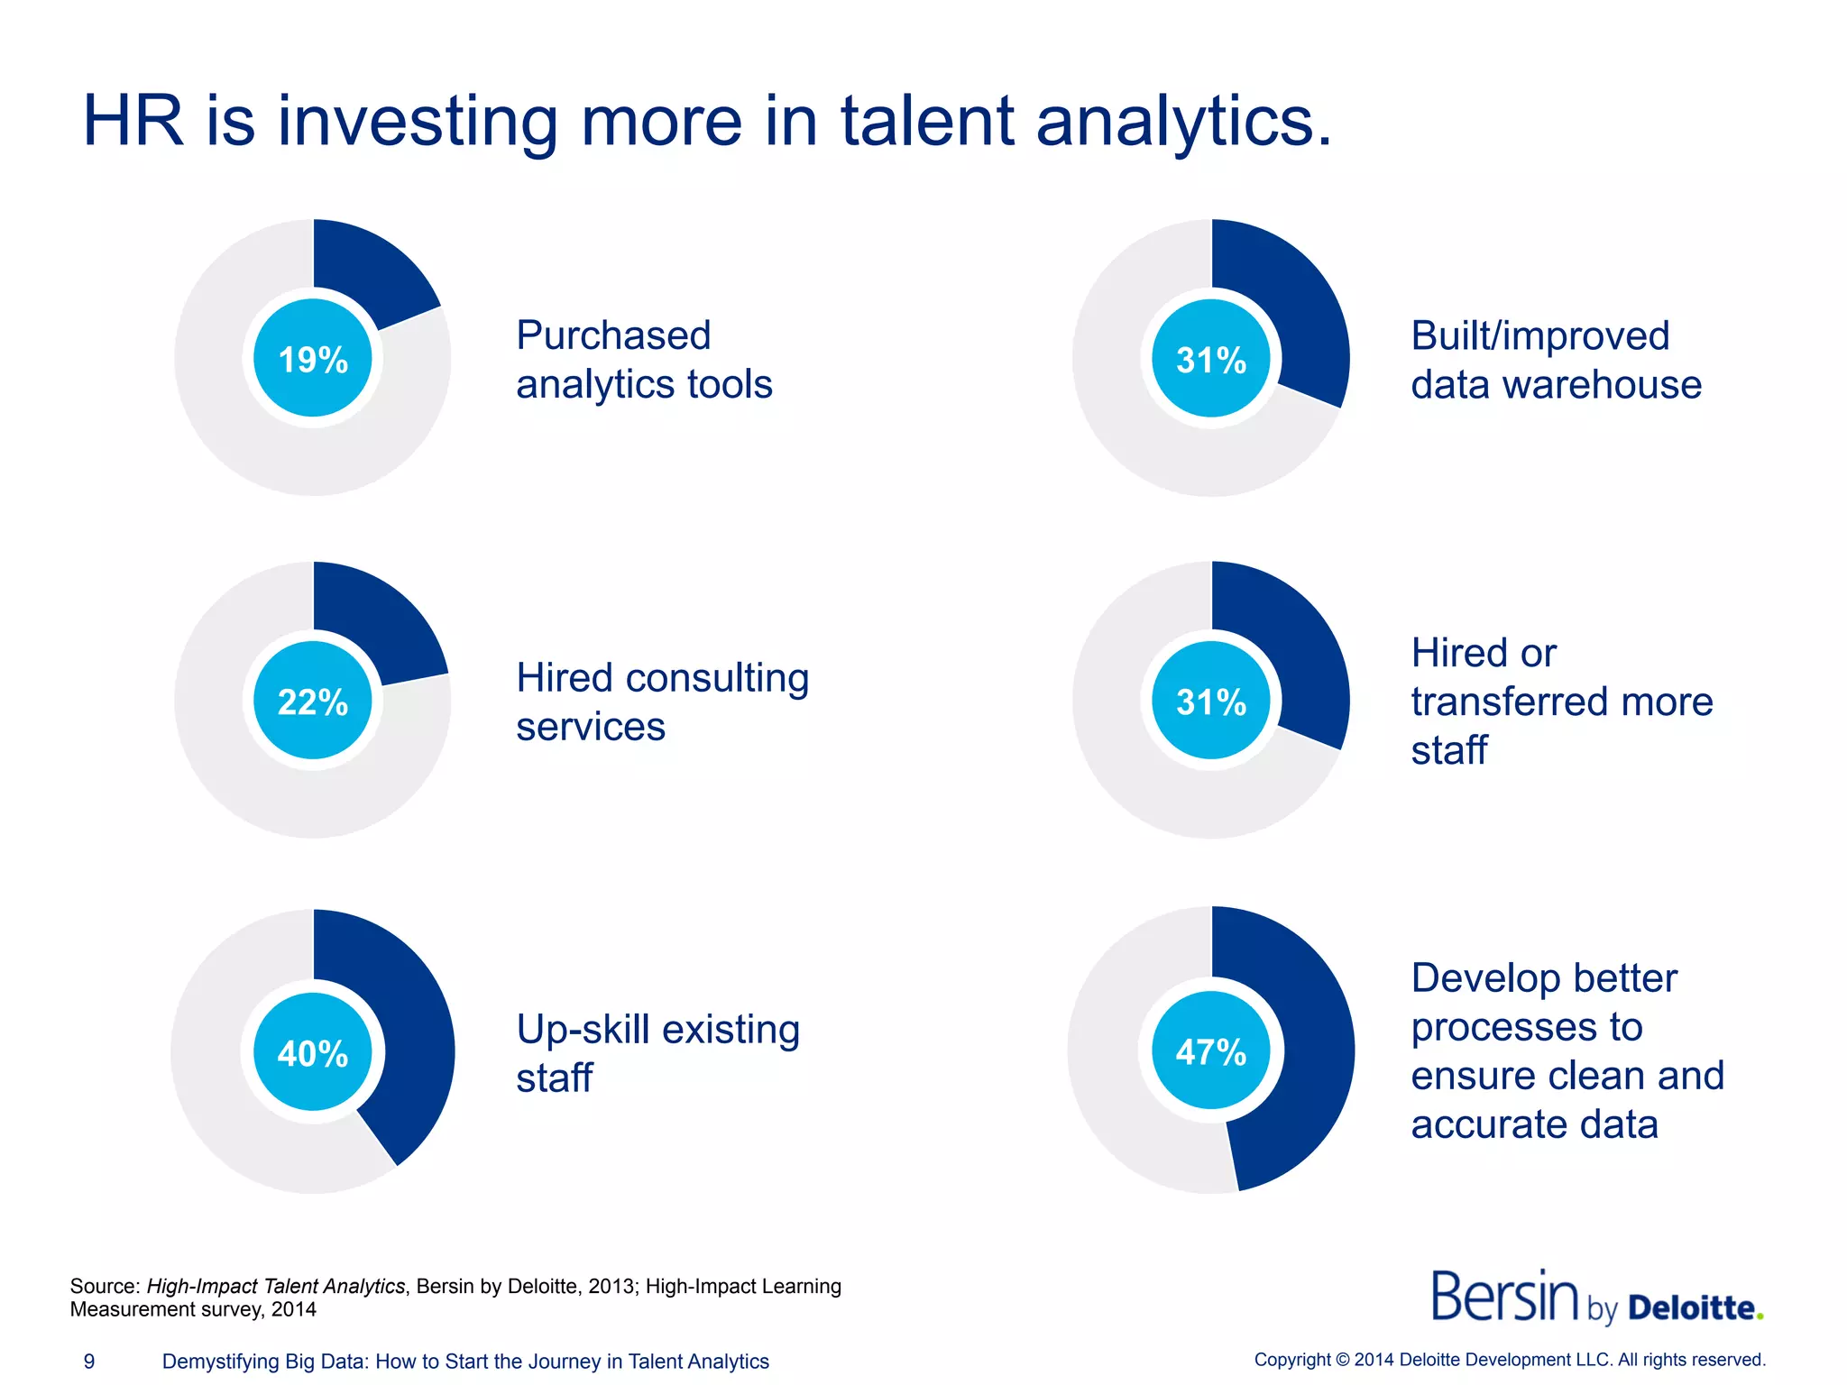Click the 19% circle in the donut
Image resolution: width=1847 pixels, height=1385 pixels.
[313, 359]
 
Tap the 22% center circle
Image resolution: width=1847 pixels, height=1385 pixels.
[313, 702]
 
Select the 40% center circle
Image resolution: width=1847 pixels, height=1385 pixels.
[313, 1052]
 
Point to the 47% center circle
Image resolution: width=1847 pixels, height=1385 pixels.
[1211, 1050]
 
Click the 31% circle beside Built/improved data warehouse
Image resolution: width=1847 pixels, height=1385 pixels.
[1211, 359]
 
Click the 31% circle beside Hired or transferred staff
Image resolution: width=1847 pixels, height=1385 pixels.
[1211, 702]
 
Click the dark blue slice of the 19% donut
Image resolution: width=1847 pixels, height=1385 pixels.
[370, 271]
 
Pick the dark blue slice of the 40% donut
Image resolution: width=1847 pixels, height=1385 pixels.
[406, 1037]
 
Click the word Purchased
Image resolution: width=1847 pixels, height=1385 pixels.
[613, 336]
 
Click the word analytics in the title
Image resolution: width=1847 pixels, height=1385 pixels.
[1183, 122]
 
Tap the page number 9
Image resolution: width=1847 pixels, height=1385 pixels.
[89, 1362]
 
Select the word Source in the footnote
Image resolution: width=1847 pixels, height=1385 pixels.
[103, 1286]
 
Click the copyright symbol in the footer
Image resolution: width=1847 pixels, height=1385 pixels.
[1342, 1360]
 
